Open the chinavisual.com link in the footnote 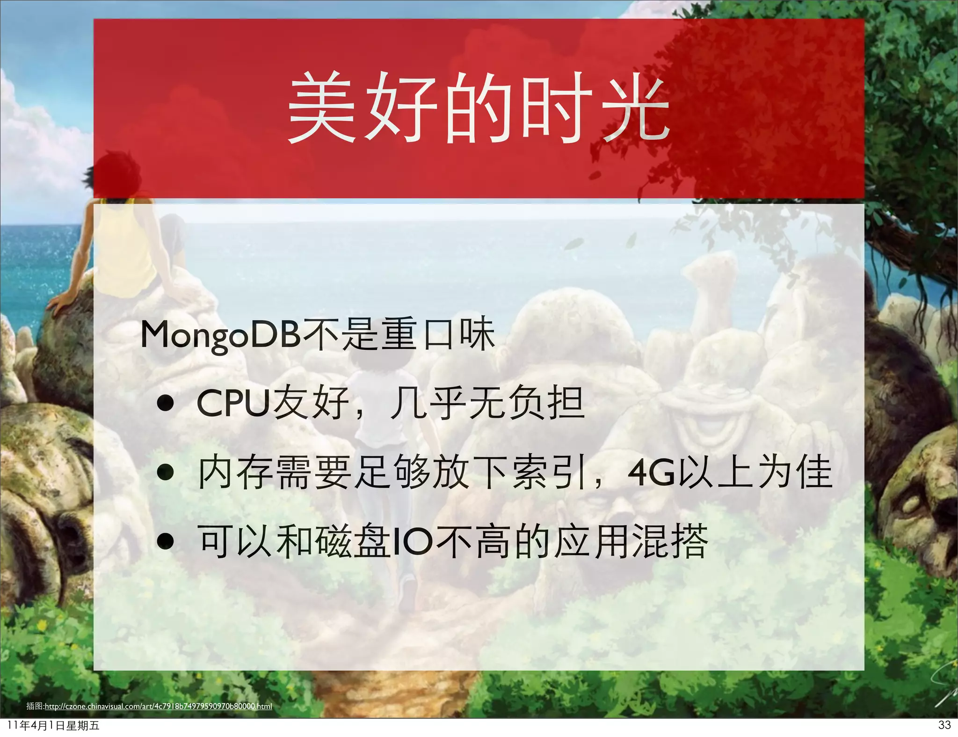tap(158, 706)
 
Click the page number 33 tap(944, 725)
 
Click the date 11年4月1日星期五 tap(53, 726)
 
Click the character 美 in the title tap(321, 108)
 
